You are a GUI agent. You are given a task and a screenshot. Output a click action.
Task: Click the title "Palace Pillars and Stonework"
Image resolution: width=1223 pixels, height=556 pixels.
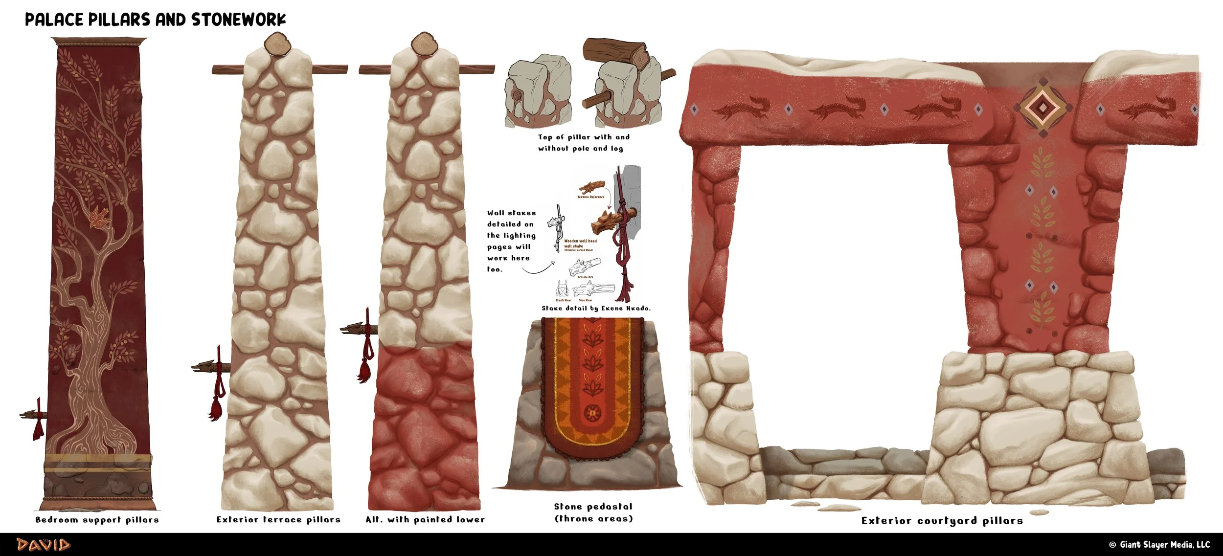155,20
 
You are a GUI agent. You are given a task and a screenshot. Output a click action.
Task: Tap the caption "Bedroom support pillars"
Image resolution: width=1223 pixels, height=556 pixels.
97,520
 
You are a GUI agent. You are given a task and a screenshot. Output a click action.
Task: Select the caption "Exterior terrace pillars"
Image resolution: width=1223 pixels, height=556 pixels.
278,520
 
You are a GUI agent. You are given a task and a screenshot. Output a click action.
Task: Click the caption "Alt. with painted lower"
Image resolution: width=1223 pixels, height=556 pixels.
425,520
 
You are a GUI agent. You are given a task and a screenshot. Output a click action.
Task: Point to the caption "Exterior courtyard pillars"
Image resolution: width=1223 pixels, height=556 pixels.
942,521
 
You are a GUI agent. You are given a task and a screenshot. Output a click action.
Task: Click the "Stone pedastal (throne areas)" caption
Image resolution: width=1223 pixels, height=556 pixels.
593,512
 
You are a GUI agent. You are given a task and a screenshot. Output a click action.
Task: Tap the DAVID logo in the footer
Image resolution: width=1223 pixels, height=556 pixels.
44,545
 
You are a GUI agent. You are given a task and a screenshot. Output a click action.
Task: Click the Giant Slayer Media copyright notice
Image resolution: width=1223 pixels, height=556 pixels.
1159,545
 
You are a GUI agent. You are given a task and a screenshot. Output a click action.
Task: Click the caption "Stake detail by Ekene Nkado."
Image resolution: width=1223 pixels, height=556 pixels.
596,309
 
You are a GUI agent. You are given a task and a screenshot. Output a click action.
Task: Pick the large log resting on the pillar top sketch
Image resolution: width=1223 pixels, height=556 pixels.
615,53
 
